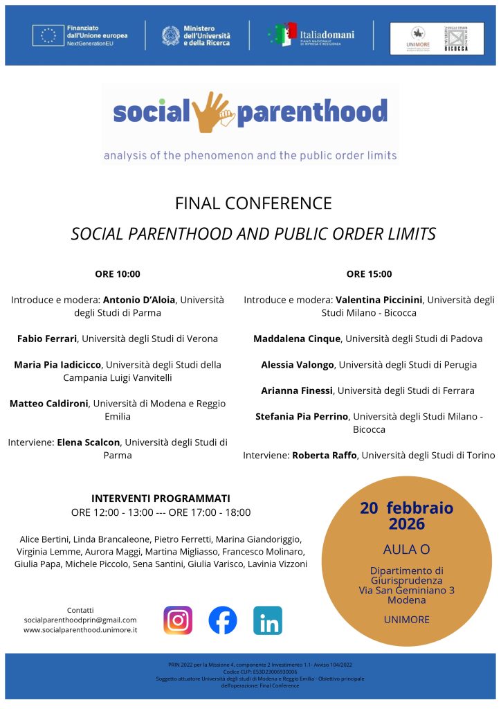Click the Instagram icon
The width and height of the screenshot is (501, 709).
pos(178,620)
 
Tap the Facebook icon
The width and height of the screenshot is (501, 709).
pos(223,620)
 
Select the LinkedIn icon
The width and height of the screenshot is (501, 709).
pos(267,620)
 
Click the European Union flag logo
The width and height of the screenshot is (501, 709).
pos(48,35)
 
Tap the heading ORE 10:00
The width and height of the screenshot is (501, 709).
pos(118,273)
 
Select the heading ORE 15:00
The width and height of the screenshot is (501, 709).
pos(369,273)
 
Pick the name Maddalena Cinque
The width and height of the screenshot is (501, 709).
pos(297,339)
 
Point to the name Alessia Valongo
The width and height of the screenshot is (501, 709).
pos(298,364)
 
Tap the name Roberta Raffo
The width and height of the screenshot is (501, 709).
pos(324,455)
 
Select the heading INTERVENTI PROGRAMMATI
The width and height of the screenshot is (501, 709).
pos(161,498)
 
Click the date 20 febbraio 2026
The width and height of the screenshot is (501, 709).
pos(406,515)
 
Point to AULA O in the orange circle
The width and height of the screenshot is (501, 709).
pos(406,549)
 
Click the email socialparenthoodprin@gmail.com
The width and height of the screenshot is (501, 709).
pos(80,620)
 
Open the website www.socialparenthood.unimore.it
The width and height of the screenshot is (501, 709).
pos(80,630)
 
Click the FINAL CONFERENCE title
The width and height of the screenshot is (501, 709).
pos(253,204)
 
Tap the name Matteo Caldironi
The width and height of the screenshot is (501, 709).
pos(49,403)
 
